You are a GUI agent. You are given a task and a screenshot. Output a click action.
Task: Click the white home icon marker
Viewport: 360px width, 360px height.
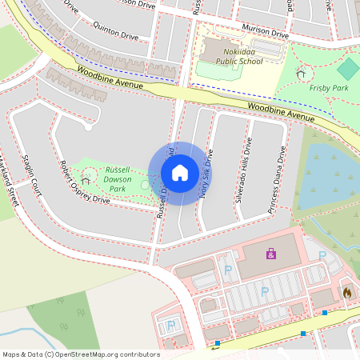click(180, 173)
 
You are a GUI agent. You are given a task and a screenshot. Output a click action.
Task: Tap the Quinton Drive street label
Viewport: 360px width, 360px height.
click(117, 34)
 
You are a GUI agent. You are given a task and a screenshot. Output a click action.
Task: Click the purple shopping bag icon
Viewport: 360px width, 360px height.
click(271, 253)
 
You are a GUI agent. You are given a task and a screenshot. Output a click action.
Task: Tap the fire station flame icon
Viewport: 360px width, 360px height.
click(346, 293)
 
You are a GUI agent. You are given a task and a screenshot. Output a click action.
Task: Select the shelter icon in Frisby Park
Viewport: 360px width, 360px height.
click(301, 74)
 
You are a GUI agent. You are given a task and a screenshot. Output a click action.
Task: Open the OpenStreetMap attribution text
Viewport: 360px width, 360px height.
click(81, 354)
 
